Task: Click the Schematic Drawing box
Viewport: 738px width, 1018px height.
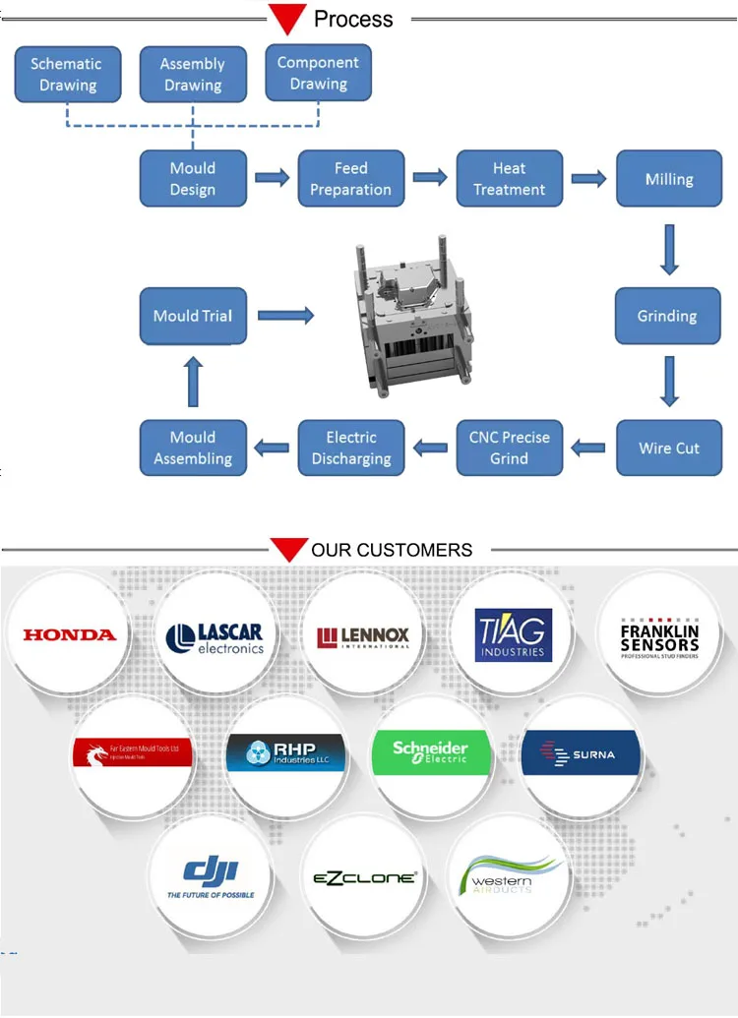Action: pyautogui.click(x=68, y=74)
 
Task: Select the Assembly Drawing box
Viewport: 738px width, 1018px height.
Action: pyautogui.click(x=193, y=74)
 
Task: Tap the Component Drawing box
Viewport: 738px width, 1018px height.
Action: pyautogui.click(x=319, y=73)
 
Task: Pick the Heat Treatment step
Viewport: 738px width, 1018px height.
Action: pyautogui.click(x=509, y=179)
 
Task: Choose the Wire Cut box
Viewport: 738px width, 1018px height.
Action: pyautogui.click(x=668, y=448)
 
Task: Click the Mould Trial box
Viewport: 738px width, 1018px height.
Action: pyautogui.click(x=193, y=316)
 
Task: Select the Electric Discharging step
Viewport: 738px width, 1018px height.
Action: pyautogui.click(x=351, y=448)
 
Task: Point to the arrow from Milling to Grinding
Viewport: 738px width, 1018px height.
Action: pyautogui.click(x=669, y=249)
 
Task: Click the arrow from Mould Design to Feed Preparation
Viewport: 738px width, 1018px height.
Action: pyautogui.click(x=273, y=178)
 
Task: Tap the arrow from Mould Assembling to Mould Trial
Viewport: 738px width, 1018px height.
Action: pyautogui.click(x=193, y=382)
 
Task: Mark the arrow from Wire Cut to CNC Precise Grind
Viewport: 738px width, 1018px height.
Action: pyautogui.click(x=588, y=449)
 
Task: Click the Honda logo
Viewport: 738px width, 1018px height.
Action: pyautogui.click(x=69, y=634)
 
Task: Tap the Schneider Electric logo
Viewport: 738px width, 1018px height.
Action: pyautogui.click(x=431, y=753)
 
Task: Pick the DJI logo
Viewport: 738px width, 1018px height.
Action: pyautogui.click(x=211, y=874)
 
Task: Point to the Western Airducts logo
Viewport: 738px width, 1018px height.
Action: pyautogui.click(x=509, y=874)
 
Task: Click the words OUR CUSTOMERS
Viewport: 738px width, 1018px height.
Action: pyautogui.click(x=392, y=550)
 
